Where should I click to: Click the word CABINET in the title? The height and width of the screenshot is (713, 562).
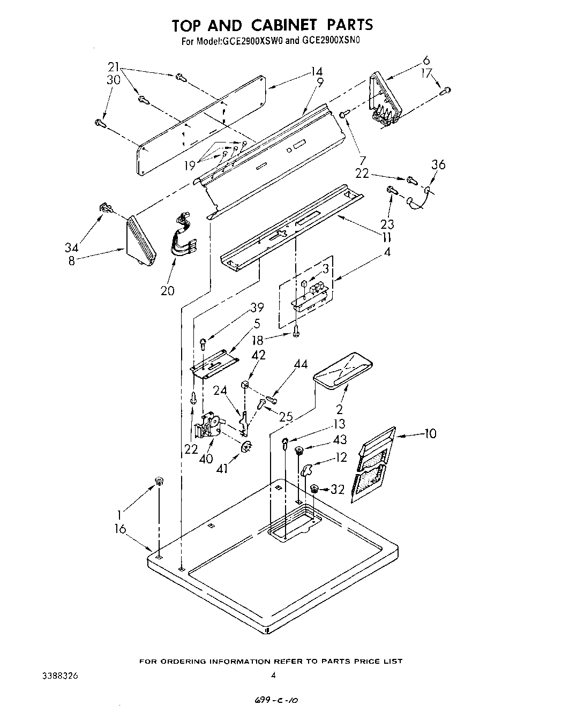[271, 25]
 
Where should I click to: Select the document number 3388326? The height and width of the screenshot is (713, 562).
[60, 676]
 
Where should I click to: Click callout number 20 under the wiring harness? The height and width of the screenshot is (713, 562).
[167, 290]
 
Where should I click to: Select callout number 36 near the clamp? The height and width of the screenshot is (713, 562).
[438, 164]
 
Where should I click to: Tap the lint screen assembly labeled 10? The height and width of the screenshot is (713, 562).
[373, 463]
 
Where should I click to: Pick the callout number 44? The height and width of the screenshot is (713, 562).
[301, 365]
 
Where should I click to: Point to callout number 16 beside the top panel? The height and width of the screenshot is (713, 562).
[120, 529]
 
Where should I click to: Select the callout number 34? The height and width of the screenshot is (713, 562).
[72, 247]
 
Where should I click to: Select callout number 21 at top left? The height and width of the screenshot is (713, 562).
[113, 67]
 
